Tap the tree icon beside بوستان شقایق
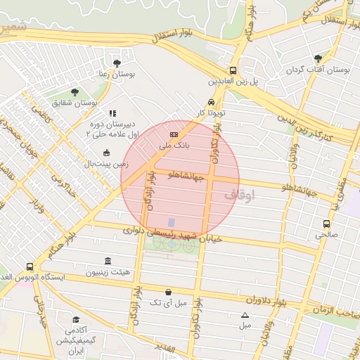point(75,92)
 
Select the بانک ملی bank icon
point(174,134)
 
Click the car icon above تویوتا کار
point(211,101)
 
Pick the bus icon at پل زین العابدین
point(233,70)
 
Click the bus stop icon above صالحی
point(326,224)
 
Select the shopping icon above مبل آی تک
point(168,292)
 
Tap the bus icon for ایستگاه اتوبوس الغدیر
point(29,266)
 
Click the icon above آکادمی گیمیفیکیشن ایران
point(76,319)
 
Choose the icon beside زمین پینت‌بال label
point(106,153)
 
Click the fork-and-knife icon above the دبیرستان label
point(111,112)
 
